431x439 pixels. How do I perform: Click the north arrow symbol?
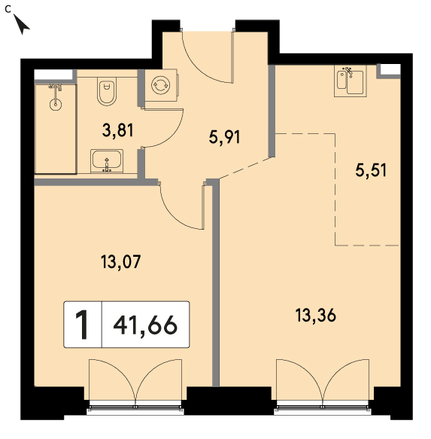(21, 24)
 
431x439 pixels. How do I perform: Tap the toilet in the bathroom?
(107, 91)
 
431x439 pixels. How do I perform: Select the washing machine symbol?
(160, 85)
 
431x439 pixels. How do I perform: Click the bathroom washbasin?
(107, 161)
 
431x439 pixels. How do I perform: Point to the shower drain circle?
(56, 105)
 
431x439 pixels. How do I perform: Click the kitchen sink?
(351, 81)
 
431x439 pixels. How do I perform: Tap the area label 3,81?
(118, 130)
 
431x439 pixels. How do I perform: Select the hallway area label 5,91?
(224, 137)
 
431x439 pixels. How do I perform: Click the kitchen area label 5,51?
(371, 170)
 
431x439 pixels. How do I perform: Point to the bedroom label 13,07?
(120, 262)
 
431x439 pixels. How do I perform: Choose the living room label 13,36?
(315, 316)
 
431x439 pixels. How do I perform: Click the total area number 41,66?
(145, 325)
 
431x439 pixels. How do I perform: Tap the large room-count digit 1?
(83, 325)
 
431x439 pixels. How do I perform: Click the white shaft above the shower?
(53, 75)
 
